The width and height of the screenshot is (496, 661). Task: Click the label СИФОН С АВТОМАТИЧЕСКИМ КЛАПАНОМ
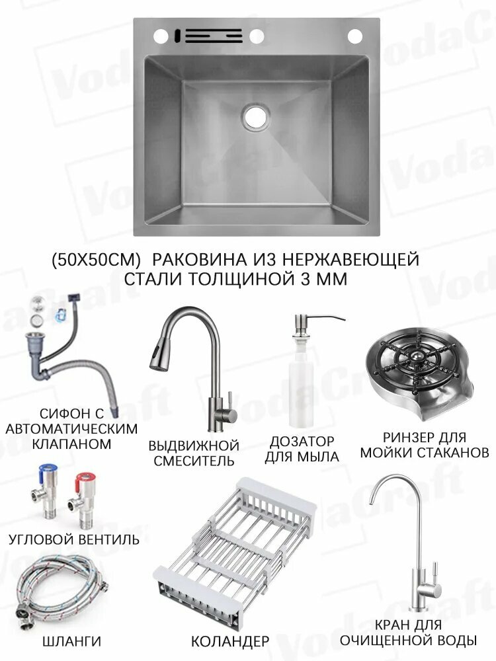71,428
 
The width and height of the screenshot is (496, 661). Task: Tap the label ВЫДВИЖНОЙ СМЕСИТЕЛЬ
194,453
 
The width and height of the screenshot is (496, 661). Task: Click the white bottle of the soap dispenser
298,390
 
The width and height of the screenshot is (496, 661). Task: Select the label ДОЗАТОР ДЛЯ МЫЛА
302,448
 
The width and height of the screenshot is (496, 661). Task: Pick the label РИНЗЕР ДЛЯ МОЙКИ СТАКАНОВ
424,446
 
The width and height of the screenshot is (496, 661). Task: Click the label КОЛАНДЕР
229,641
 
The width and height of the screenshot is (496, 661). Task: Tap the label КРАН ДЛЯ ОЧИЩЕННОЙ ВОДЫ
408,633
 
